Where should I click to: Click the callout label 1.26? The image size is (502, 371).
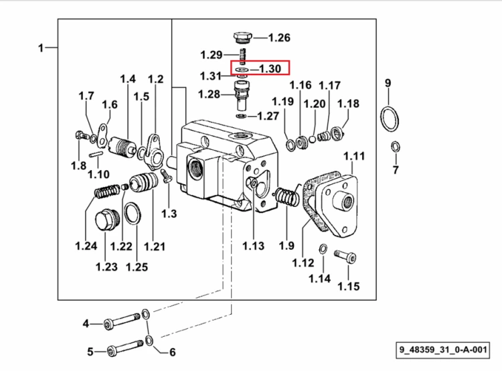pos(279,38)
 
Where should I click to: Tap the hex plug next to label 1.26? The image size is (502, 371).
pos(243,38)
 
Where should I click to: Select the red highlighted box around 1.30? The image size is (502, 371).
pos(260,68)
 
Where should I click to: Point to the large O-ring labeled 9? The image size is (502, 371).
pos(390,119)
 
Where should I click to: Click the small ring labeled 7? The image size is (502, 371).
pos(396,147)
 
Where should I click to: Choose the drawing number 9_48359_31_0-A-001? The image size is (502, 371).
pos(443,350)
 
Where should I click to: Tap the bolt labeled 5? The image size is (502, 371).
pos(125,348)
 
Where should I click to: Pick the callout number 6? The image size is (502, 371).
pos(172,352)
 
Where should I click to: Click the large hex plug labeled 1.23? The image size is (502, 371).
pos(107,220)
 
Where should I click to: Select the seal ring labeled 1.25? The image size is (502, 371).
pos(132,214)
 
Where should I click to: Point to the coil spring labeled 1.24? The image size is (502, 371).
pos(107,192)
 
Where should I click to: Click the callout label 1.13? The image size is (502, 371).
pos(253,246)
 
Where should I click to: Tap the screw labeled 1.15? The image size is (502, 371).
pos(345,256)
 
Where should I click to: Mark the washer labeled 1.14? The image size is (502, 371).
pos(323,248)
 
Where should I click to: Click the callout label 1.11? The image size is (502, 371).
pos(354,156)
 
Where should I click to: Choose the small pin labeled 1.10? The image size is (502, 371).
pos(96,154)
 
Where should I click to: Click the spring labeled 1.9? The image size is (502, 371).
pos(288,196)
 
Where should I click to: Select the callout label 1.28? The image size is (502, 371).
pos(209,94)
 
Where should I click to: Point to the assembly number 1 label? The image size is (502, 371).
pos(41,48)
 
